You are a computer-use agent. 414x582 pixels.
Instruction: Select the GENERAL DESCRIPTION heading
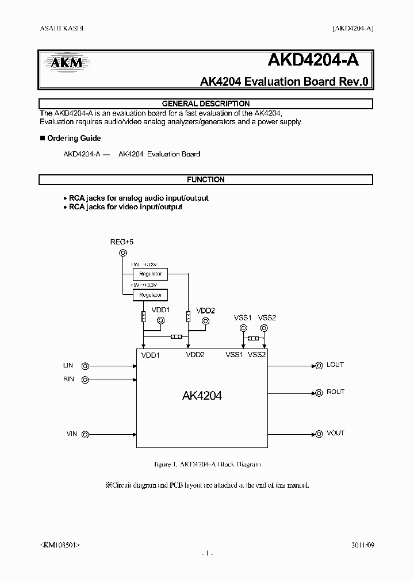click(x=206, y=104)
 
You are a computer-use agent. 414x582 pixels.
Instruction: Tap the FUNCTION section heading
click(x=206, y=179)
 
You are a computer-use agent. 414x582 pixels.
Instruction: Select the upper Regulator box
click(x=150, y=274)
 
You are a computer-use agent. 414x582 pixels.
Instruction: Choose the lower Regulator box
click(x=150, y=295)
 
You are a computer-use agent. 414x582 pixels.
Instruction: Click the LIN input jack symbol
click(x=85, y=366)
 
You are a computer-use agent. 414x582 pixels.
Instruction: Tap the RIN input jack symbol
click(x=85, y=380)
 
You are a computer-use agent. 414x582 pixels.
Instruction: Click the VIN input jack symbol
click(x=85, y=434)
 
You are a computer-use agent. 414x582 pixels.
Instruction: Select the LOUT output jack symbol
click(x=318, y=365)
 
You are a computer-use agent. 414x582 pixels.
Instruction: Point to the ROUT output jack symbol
click(x=318, y=393)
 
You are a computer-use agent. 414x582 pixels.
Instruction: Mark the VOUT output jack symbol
click(x=318, y=434)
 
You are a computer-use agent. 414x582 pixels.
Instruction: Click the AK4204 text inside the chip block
click(x=202, y=396)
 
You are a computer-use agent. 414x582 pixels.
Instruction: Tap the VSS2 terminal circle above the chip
click(x=264, y=328)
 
